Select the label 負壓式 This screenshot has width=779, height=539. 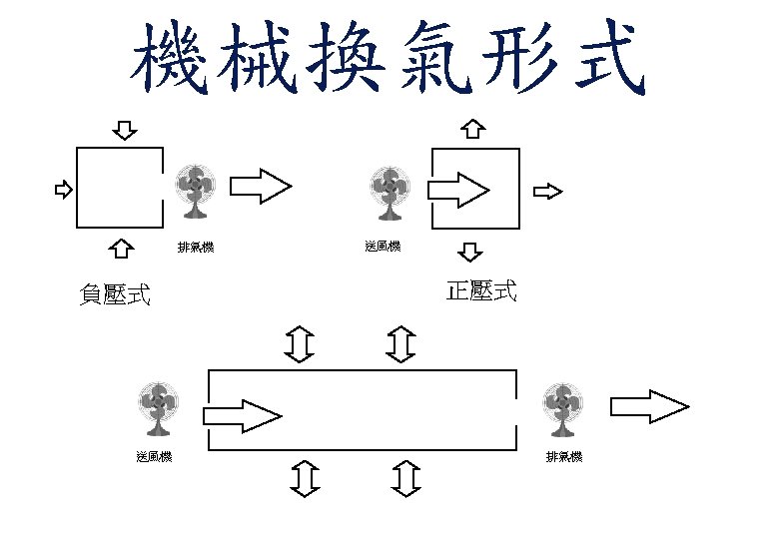[x=115, y=294]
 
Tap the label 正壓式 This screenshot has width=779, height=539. [x=481, y=291]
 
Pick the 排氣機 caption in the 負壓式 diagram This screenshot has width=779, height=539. [x=196, y=247]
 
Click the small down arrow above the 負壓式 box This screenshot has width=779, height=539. [x=125, y=131]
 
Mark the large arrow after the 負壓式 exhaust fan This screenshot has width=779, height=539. [x=261, y=187]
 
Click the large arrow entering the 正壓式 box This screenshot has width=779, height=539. [x=458, y=189]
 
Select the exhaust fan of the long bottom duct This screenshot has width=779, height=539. [x=563, y=409]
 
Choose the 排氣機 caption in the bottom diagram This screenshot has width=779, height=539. [x=564, y=457]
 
